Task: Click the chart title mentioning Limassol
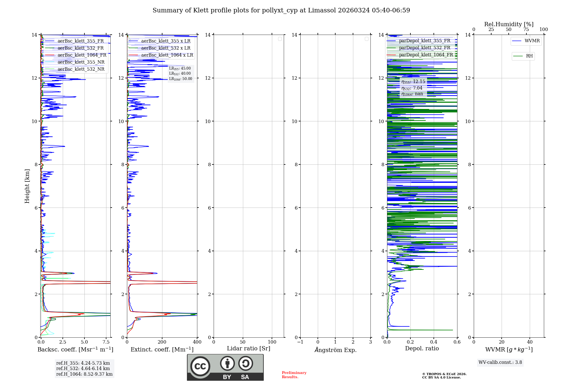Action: pos(281,10)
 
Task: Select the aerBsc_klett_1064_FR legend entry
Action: pos(82,55)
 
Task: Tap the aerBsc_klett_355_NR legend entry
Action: pos(81,62)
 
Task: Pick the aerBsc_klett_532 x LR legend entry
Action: pos(166,48)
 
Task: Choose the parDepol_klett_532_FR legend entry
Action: pos(424,48)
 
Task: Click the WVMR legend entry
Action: pos(532,41)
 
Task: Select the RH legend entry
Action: pos(529,56)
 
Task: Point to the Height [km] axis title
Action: pos(27,186)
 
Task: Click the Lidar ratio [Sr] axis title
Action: pos(249,349)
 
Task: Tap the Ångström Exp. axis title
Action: pos(335,350)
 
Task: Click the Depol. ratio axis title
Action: pos(422,349)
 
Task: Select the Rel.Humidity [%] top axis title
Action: pos(509,24)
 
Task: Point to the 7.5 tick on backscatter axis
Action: pos(106,342)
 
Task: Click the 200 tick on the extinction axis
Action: pos(162,342)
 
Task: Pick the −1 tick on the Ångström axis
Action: pos(300,342)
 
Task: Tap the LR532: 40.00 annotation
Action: pos(180,74)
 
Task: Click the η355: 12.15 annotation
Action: pos(413,82)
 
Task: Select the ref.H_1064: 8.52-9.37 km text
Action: pos(84,374)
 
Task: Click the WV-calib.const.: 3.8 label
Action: pos(500,362)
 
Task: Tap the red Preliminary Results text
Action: pos(294,375)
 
